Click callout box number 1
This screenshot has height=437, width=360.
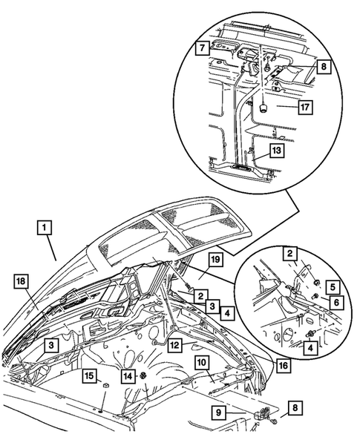coord(45,228)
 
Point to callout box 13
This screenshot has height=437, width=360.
coord(255,151)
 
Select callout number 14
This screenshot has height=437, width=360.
coord(129,376)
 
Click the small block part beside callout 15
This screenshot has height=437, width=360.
coord(106,387)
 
